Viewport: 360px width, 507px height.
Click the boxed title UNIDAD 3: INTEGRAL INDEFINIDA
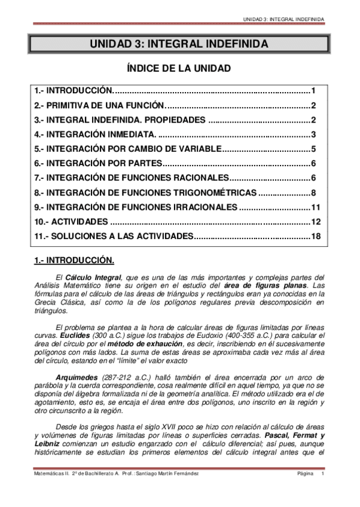179,44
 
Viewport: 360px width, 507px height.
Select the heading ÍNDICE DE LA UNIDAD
179,69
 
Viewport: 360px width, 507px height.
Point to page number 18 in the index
316,236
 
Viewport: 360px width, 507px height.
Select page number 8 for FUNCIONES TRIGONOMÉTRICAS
313,193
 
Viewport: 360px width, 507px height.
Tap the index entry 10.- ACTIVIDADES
71,222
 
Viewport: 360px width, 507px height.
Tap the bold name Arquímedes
75,378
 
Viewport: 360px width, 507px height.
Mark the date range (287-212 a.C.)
125,378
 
